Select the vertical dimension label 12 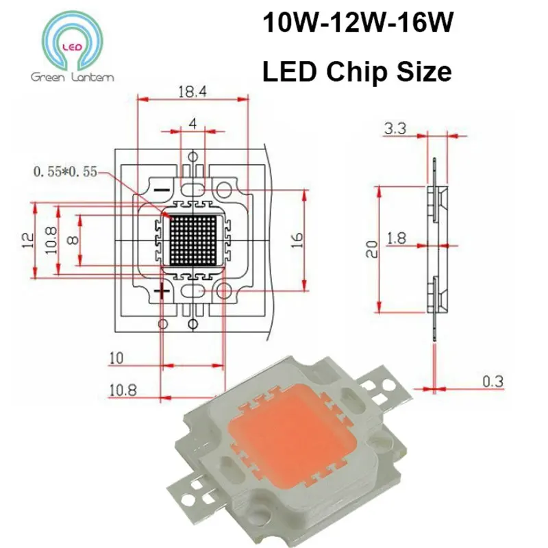point(27,240)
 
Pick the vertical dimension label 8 point(73,240)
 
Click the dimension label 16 point(297,240)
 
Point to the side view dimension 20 point(371,247)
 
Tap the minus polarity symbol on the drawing point(162,188)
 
